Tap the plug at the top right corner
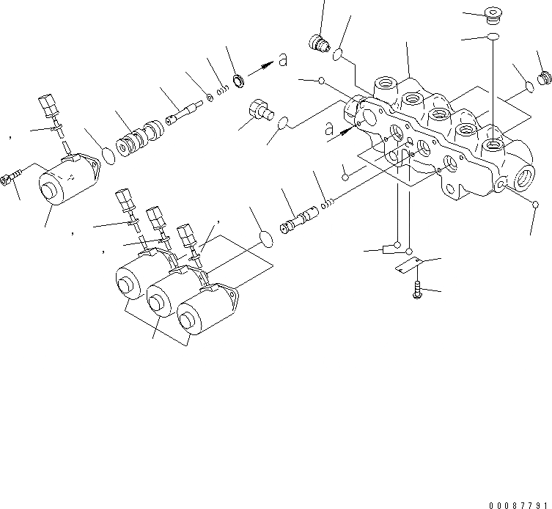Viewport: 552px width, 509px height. [x=492, y=15]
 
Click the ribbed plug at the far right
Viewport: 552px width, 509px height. [x=544, y=77]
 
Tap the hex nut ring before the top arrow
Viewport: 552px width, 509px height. [x=239, y=78]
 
